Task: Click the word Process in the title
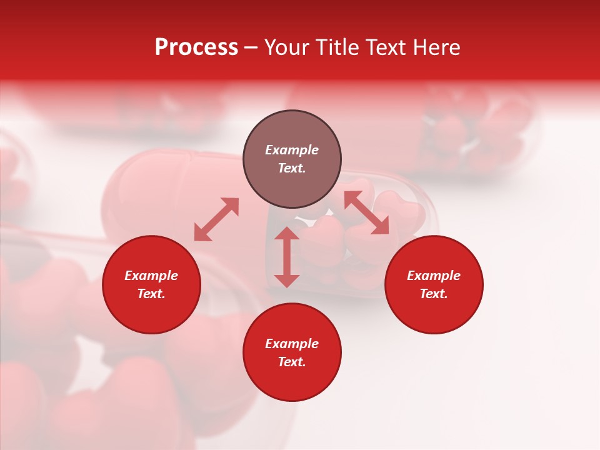(x=196, y=47)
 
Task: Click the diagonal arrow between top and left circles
(x=216, y=219)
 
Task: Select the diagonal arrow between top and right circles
(x=366, y=213)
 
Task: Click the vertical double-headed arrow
(x=287, y=257)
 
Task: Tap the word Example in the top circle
(x=292, y=150)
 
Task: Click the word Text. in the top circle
(x=292, y=168)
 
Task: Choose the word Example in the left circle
(x=151, y=276)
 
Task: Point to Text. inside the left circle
(x=151, y=294)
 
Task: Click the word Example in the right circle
(x=434, y=276)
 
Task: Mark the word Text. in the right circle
(x=434, y=294)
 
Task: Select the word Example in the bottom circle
(x=292, y=344)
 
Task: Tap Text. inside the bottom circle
(x=292, y=362)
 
